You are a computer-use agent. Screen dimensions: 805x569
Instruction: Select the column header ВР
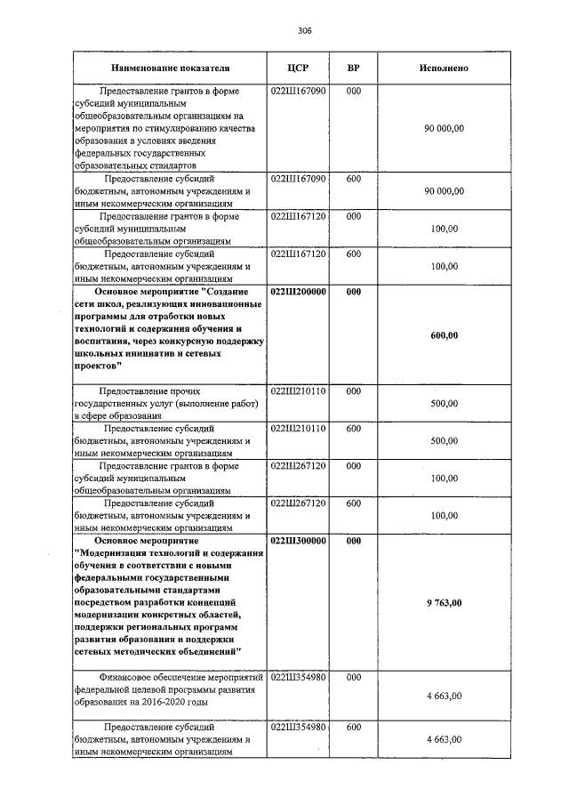point(353,68)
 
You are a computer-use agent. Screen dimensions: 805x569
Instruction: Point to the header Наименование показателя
point(170,68)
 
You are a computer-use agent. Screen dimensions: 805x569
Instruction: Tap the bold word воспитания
point(108,341)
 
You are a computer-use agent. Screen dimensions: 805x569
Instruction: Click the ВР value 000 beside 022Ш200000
point(353,291)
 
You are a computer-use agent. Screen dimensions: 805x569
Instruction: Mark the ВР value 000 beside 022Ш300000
point(353,540)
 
